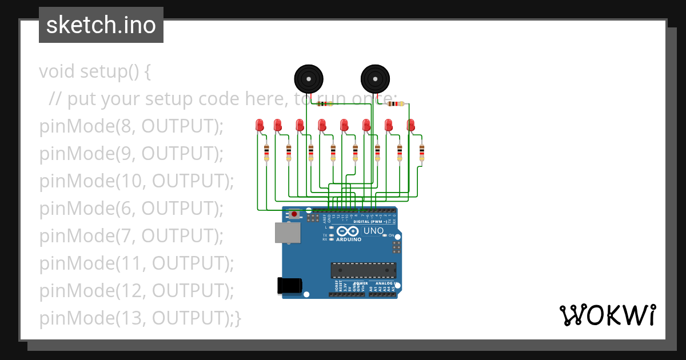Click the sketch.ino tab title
(x=101, y=25)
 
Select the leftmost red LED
(x=260, y=125)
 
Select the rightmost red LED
(x=410, y=125)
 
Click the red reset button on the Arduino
(x=294, y=214)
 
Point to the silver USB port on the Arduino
(x=288, y=233)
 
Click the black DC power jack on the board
(x=289, y=285)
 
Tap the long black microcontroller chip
(x=363, y=270)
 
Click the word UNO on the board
(x=374, y=231)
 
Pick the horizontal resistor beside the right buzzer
(x=395, y=103)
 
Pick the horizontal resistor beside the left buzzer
(x=325, y=104)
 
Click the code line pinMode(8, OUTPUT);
(x=131, y=126)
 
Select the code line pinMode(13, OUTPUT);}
(x=140, y=318)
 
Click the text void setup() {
(x=95, y=71)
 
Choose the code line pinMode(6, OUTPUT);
(x=131, y=209)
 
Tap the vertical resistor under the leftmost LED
(x=266, y=153)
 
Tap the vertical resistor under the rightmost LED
(x=422, y=153)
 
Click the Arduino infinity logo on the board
(x=348, y=231)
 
